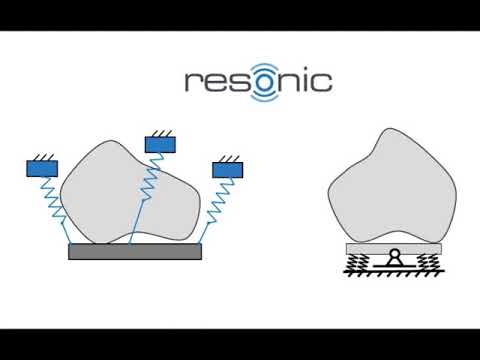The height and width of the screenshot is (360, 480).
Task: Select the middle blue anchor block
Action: [x=160, y=144]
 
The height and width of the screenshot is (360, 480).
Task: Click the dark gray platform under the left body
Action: [x=134, y=252]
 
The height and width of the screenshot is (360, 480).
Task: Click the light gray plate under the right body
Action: [x=393, y=247]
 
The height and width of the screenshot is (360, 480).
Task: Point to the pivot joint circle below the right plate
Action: [x=393, y=256]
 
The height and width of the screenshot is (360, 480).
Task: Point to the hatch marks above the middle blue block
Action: [x=160, y=132]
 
